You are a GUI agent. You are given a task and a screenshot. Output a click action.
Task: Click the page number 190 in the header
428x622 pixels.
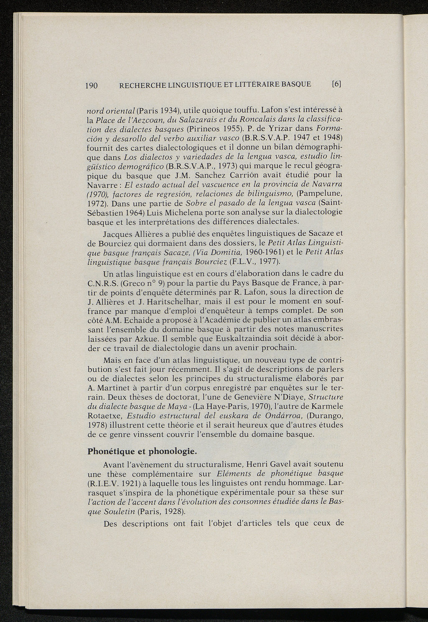[x=91, y=85]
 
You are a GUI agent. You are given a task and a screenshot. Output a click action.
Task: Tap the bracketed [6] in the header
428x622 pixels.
[x=336, y=84]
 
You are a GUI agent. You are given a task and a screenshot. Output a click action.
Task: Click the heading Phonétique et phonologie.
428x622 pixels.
[x=142, y=451]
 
